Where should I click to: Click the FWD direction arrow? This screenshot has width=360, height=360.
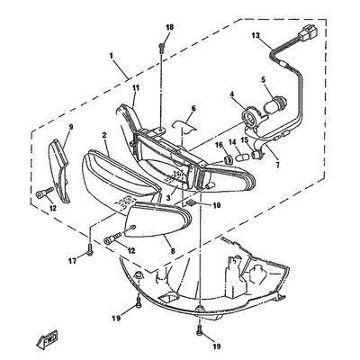pyautogui.click(x=47, y=339)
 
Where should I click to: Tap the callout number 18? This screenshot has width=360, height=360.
pyautogui.click(x=170, y=27)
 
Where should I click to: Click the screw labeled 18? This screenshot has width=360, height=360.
pyautogui.click(x=161, y=48)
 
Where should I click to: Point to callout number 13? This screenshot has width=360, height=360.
pyautogui.click(x=256, y=36)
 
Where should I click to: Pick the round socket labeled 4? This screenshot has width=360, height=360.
pyautogui.click(x=248, y=116)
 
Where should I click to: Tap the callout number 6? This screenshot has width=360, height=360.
pyautogui.click(x=193, y=108)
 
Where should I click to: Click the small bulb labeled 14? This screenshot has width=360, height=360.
pyautogui.click(x=241, y=157)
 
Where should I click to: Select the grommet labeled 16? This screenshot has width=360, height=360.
pyautogui.click(x=229, y=159)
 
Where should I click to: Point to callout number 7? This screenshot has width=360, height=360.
pyautogui.click(x=277, y=165)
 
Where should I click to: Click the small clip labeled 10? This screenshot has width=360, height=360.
pyautogui.click(x=191, y=203)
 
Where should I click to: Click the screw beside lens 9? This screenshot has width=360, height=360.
pyautogui.click(x=45, y=193)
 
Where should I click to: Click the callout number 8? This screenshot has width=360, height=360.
pyautogui.click(x=173, y=251)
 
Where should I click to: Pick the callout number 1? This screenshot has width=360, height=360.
pyautogui.click(x=111, y=56)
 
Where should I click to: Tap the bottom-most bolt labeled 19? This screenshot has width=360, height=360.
pyautogui.click(x=200, y=331)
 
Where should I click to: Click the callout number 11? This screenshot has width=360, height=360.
pyautogui.click(x=136, y=88)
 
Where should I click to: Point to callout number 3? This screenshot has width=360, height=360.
pyautogui.click(x=168, y=198)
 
